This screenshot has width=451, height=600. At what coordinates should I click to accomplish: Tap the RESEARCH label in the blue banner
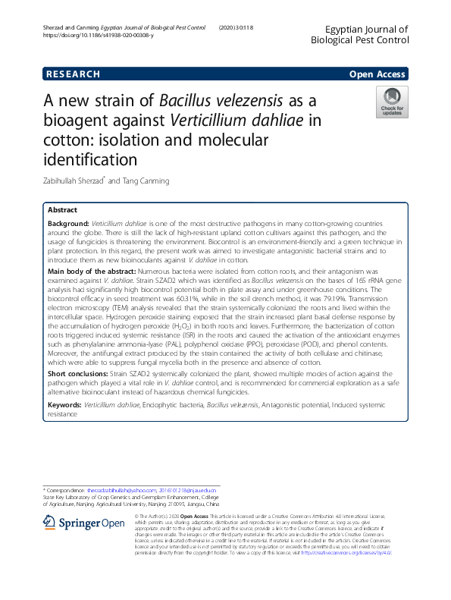[73, 74]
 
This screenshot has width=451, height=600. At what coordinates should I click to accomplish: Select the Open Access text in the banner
[379, 74]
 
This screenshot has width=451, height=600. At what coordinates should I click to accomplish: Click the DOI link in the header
[99, 36]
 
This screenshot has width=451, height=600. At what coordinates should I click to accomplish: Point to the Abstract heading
[62, 209]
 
